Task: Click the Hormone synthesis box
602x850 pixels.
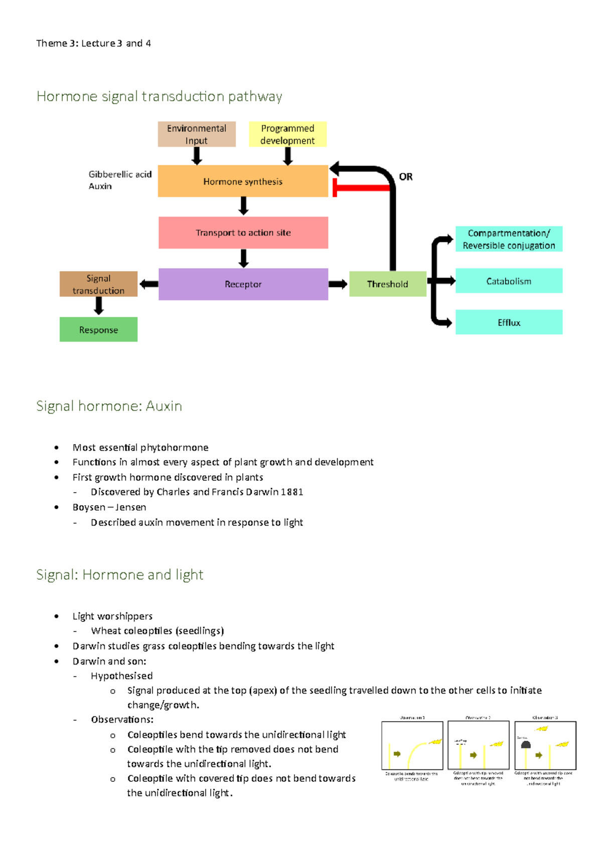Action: [x=243, y=181]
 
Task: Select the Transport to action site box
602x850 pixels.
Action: [x=243, y=233]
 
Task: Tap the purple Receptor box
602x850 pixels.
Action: [x=243, y=284]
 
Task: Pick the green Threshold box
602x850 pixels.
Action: [x=387, y=284]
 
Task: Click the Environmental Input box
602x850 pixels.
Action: [x=196, y=134]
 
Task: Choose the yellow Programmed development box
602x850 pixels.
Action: [x=287, y=134]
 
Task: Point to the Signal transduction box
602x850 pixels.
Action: [x=98, y=284]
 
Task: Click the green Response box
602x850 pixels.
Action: [x=98, y=330]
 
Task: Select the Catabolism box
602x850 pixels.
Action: [x=509, y=281]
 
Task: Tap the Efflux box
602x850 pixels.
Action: [x=509, y=322]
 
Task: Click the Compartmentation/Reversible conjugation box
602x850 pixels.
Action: [x=509, y=239]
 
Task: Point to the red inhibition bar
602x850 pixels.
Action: [x=361, y=188]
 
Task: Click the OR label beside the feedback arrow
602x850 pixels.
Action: [x=406, y=177]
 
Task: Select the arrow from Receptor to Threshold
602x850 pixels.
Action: [x=338, y=284]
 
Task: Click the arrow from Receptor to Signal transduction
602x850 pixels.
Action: [x=148, y=284]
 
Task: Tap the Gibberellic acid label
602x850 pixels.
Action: [x=120, y=174]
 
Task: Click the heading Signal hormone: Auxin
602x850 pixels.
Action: [x=109, y=406]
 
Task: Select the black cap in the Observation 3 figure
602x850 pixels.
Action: [x=526, y=745]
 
